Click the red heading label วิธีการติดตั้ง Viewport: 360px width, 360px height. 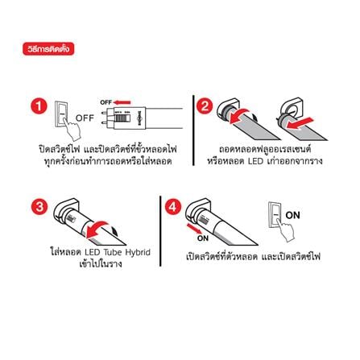pos(48,48)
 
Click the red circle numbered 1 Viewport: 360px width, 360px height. pos(39,106)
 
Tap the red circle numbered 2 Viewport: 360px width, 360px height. pos(205,106)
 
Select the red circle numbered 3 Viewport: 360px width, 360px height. pos(39,207)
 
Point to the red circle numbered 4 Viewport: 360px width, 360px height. pos(172,207)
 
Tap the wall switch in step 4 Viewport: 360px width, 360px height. pos(275,215)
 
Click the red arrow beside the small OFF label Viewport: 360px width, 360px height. pos(122,102)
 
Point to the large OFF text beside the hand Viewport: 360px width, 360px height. pos(85,118)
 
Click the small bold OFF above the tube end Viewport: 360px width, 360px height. pos(106,102)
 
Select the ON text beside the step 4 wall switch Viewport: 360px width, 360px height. pos(292,215)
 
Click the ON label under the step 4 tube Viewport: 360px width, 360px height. pos(203,238)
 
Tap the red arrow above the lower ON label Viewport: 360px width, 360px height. pos(194,229)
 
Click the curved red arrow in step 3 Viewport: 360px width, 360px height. pos(98,227)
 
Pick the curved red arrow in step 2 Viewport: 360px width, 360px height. pos(240,115)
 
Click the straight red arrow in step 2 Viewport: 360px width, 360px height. pos(300,123)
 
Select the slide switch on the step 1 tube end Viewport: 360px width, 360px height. pos(122,118)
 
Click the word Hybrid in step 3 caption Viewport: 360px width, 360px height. pos(138,253)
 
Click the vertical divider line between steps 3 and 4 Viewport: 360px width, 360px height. pos(160,231)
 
